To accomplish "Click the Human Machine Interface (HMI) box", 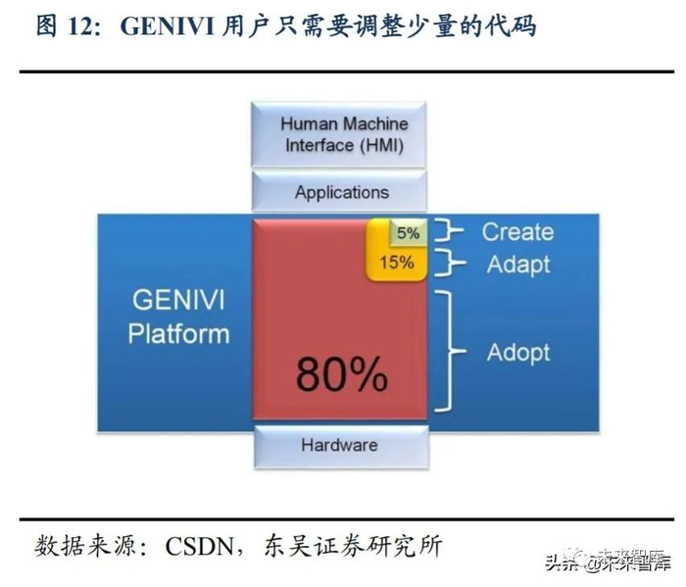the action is pos(343,134).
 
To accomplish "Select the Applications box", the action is pos(342,192).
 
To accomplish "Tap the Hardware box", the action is pos(339,445).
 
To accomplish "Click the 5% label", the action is pos(408,233).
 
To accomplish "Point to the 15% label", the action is pos(396,262).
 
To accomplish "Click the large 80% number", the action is pos(341,373).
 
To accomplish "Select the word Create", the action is pos(516,232).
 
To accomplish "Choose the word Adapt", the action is pos(516,264).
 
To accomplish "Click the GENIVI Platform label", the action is pos(178,316).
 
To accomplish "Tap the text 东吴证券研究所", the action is pos(388,545).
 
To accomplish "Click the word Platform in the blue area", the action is pos(178,333).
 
